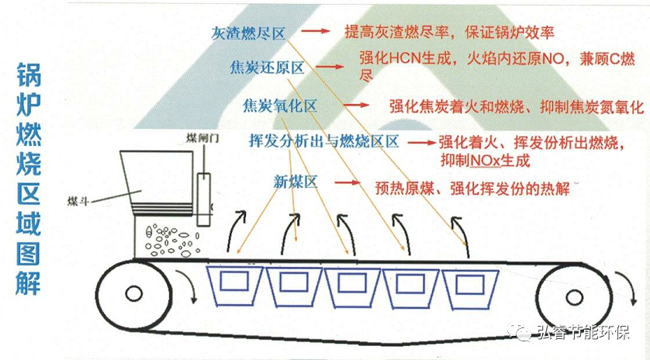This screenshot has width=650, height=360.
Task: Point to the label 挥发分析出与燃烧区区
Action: [x=323, y=142]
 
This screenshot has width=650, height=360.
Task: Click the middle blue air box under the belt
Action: [x=350, y=286]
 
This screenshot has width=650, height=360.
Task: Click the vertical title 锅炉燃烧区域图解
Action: [x=30, y=179]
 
